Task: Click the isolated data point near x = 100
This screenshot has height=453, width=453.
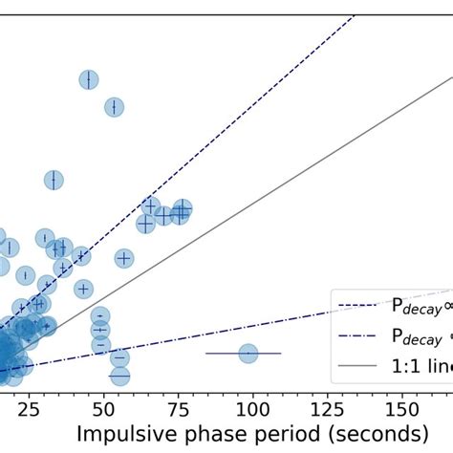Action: pos(248,354)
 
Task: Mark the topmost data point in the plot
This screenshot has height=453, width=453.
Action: pos(89,80)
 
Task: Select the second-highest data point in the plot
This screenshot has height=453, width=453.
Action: pos(114,107)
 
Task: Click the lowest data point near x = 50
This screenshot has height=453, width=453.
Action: pos(119,374)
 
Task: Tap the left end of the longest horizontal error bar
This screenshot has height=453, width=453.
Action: pos(206,354)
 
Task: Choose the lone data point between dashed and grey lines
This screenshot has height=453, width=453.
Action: pos(123,258)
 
